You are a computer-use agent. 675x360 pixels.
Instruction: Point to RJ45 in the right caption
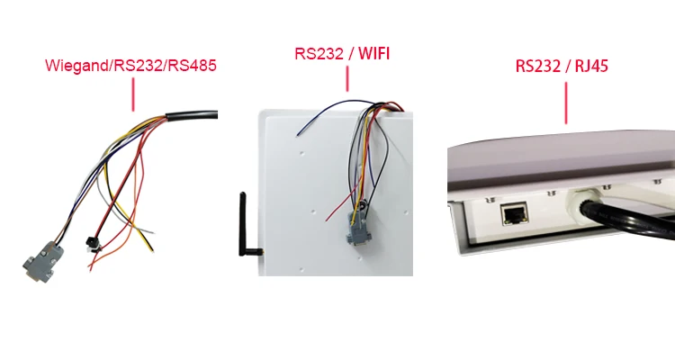[594, 66]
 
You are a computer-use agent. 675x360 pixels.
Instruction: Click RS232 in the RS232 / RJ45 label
[536, 66]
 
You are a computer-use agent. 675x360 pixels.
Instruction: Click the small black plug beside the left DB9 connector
[91, 244]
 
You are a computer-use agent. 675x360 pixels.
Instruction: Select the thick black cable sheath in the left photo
[193, 116]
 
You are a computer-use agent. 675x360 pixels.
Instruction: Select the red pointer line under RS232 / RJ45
[566, 102]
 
